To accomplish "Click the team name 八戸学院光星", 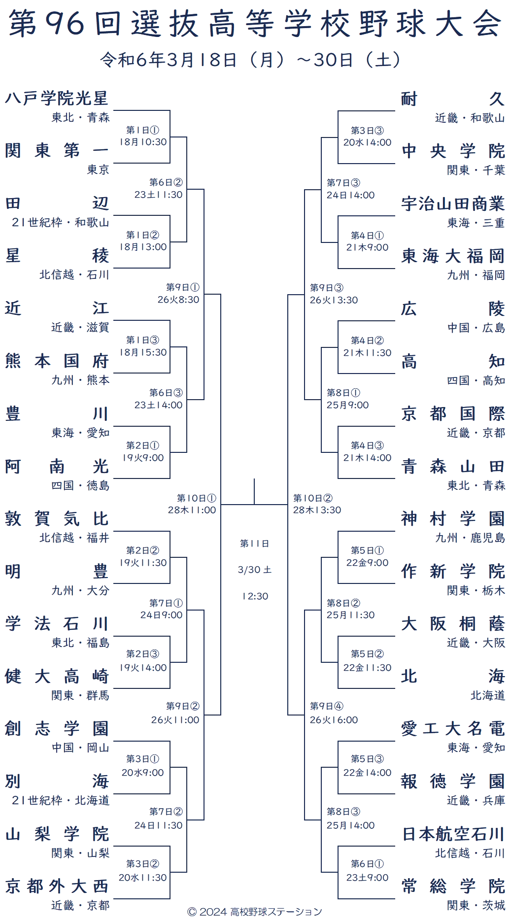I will point(57,99).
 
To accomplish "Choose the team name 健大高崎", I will point(57,677).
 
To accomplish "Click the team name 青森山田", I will point(453,466).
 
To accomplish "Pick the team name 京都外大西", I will point(57,887).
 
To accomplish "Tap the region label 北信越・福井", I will point(75,538).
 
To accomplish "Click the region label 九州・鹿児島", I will point(470,538).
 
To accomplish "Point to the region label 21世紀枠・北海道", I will point(61,800).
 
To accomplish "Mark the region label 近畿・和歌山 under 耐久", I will point(470,118).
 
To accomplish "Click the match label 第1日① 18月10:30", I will point(143,136).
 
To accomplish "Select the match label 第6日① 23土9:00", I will point(368,871).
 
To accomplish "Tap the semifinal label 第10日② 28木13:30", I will point(317,504).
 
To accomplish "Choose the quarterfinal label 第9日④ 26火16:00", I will point(334,714).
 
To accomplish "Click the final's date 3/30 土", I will point(254,570).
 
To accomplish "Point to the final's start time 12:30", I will point(254,596).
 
